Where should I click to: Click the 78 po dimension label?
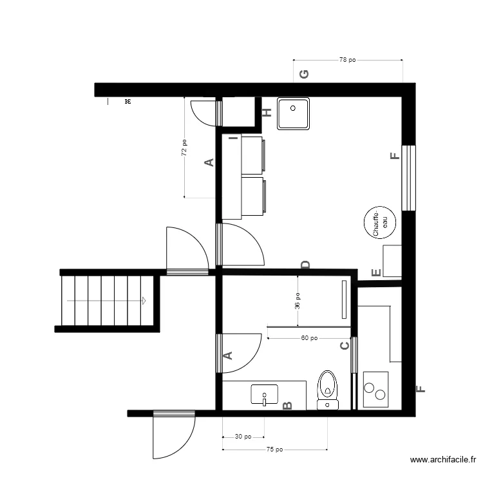pyautogui.click(x=347, y=60)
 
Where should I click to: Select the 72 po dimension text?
pyautogui.click(x=184, y=148)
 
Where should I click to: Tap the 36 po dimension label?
pyautogui.click(x=298, y=301)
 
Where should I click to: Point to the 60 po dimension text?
pyautogui.click(x=308, y=337)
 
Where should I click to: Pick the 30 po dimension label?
pyautogui.click(x=243, y=437)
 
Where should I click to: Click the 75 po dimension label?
pyautogui.click(x=274, y=450)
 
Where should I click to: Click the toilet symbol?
pyautogui.click(x=328, y=390)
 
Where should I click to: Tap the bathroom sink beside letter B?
pyautogui.click(x=264, y=395)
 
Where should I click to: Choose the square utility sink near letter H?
pyautogui.click(x=293, y=114)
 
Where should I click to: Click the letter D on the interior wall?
pyautogui.click(x=306, y=265)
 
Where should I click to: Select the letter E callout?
pyautogui.click(x=375, y=272)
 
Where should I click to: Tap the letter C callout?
pyautogui.click(x=345, y=346)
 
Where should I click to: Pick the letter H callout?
pyautogui.click(x=267, y=113)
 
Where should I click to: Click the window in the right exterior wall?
pyautogui.click(x=408, y=177)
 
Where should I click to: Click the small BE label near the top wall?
pyautogui.click(x=128, y=102)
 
